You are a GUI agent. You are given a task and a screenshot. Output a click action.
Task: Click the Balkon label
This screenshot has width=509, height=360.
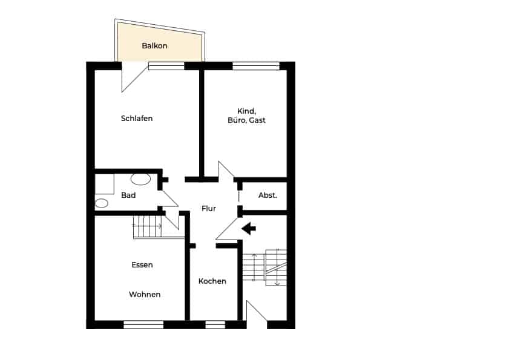point(154,46)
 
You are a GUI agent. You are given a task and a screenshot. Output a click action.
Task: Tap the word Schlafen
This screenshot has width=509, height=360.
point(137,119)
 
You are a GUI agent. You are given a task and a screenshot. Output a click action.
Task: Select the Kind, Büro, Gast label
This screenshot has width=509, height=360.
point(246,116)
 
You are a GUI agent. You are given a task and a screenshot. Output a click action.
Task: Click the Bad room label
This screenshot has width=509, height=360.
point(128,195)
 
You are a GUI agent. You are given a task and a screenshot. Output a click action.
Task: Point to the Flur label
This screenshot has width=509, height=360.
point(209,209)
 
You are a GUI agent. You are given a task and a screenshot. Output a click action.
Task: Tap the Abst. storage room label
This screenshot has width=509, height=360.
point(268,195)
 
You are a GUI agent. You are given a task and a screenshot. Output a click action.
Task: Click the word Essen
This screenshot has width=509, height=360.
point(142,265)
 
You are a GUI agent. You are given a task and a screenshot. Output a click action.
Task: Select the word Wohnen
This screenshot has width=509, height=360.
point(145,295)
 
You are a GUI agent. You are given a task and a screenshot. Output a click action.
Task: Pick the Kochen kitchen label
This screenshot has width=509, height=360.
point(212,281)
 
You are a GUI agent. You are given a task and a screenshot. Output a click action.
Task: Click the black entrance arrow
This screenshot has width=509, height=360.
point(249,229)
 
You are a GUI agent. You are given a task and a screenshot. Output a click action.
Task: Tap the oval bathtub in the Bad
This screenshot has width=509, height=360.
point(140,179)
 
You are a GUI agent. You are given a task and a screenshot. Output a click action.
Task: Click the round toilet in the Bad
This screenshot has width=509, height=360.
point(101,203)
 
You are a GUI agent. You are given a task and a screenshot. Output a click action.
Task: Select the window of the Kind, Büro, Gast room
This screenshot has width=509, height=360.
point(256,66)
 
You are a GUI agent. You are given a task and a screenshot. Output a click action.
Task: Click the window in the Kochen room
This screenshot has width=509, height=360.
point(215,325)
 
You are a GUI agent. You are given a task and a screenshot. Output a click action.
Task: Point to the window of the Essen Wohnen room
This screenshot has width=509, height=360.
point(143,325)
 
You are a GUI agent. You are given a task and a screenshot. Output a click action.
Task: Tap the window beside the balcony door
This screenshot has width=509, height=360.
point(166,66)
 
